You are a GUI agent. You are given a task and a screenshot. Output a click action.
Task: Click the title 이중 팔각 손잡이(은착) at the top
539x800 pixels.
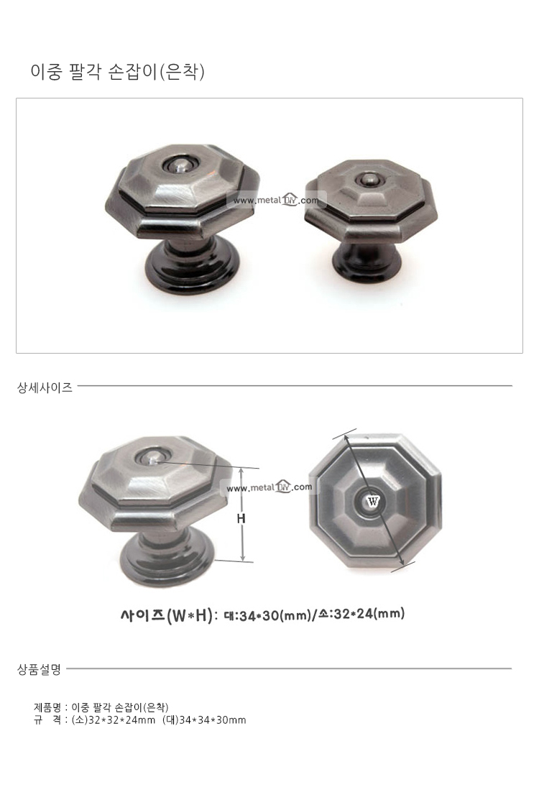coord(117,71)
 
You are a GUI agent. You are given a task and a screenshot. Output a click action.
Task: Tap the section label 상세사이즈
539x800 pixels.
coord(45,387)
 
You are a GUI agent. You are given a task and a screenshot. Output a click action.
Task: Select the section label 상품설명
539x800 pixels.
coord(40,669)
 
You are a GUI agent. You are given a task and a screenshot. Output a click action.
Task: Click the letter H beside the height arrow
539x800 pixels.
coord(241,518)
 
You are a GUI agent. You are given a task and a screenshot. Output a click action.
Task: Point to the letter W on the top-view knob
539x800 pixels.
coord(373,501)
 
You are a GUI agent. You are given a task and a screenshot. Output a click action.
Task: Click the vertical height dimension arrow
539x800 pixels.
coord(243,515)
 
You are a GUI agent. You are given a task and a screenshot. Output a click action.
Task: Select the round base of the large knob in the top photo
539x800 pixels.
coord(193,268)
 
